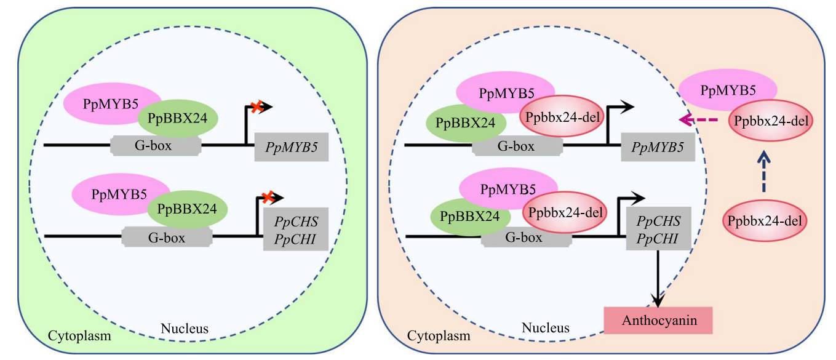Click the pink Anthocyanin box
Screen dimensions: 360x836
pyautogui.click(x=658, y=321)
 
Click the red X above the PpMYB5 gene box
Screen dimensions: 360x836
pyautogui.click(x=256, y=108)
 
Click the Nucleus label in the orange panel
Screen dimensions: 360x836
pyautogui.click(x=545, y=328)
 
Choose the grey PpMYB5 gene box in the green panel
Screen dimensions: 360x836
pyautogui.click(x=291, y=147)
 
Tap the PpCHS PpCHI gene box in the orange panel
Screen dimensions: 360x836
pyautogui.click(x=658, y=229)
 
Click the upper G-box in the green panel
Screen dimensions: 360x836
pyautogui.click(x=155, y=146)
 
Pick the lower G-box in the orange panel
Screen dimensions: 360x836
pyautogui.click(x=525, y=237)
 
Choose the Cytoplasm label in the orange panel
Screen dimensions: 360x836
pyautogui.click(x=438, y=336)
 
